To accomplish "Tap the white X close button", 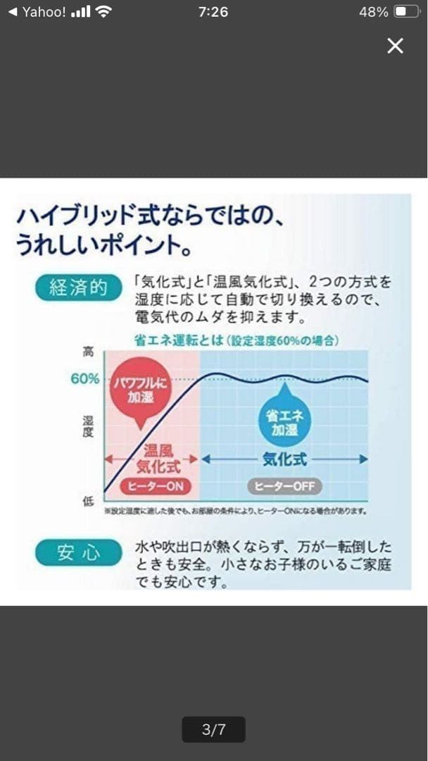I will [396, 46].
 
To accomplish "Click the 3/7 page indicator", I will [213, 729].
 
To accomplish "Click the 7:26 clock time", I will [213, 12].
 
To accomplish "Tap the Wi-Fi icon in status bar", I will [104, 12].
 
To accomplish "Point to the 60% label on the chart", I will [85, 378].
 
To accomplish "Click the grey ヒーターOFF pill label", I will [284, 486].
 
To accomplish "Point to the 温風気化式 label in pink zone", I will [158, 459].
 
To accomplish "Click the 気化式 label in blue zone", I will [284, 459].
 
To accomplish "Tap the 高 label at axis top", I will [88, 351].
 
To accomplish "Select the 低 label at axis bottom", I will [88, 501].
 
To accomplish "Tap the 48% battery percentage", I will [373, 12].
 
